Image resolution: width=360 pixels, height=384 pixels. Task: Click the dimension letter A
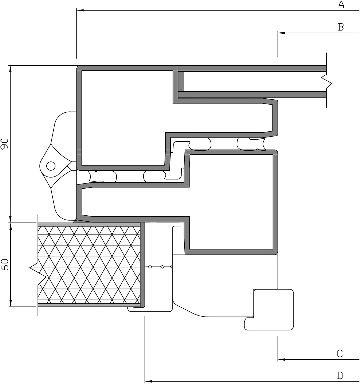coord(341,4)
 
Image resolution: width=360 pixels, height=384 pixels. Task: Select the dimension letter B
coord(341,27)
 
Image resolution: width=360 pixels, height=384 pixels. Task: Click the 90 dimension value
coord(5,144)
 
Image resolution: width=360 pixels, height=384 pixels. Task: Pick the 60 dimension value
coord(5,265)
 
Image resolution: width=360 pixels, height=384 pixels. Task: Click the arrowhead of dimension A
coord(80,10)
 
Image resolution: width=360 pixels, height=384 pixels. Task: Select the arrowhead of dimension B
coord(281,33)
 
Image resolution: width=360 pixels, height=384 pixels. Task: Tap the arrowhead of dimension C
coord(281,360)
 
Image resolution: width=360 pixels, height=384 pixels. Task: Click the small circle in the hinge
coord(51,166)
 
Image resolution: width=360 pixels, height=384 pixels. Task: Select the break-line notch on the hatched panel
coord(38,268)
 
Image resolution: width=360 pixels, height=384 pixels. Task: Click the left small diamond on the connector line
coord(150,267)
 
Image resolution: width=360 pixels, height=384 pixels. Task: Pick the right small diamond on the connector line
coord(163,267)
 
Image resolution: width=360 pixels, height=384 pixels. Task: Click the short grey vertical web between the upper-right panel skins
coord(181,82)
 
